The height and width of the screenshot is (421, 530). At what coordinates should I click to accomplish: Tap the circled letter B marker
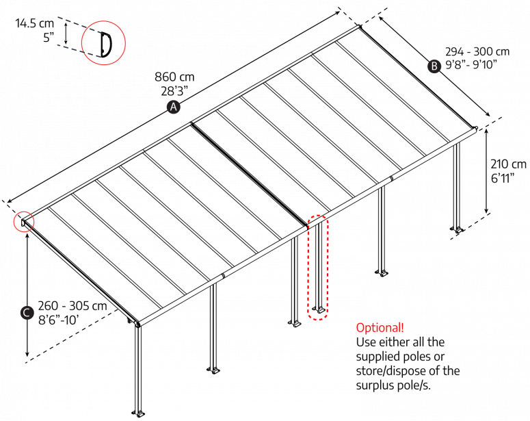coord(433,66)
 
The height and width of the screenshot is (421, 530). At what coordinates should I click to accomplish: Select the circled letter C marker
coord(25,312)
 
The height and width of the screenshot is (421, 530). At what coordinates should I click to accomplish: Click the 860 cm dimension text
coord(175,77)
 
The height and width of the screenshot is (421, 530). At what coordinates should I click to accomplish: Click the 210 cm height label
coord(509,164)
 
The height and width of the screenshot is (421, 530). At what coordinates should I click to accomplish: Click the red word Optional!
coord(380,327)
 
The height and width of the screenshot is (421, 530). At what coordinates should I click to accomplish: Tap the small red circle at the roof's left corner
coord(25,222)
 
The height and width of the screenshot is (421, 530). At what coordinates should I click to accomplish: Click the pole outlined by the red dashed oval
coord(318,267)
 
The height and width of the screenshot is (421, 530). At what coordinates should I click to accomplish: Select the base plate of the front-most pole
coord(142,413)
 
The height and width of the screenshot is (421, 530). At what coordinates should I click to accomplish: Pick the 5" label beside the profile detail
coord(48,38)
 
